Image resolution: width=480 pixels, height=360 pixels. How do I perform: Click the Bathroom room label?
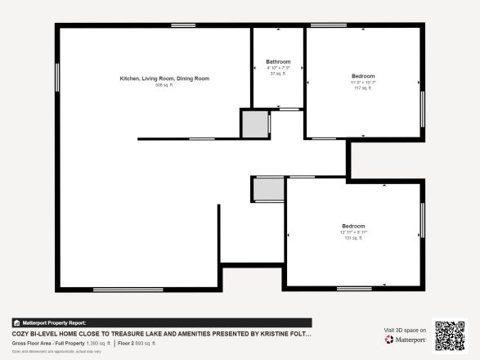pos(278,61)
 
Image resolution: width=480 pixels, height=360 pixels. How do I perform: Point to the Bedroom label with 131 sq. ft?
pos(353,226)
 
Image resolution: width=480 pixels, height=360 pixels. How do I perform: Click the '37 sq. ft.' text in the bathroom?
pos(278,74)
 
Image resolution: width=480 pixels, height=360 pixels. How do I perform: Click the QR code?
pos(449,335)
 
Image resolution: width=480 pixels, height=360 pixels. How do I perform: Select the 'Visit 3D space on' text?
pos(405,330)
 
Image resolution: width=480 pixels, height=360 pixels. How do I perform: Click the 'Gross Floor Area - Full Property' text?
pos(47,344)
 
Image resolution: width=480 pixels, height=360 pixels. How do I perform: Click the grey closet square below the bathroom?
pos(254,124)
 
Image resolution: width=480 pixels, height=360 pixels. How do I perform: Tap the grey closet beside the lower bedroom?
pos(267,189)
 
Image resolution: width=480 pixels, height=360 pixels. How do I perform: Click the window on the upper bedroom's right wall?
pos(422,108)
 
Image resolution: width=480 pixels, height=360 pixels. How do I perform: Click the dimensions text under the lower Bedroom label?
pos(353,232)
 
